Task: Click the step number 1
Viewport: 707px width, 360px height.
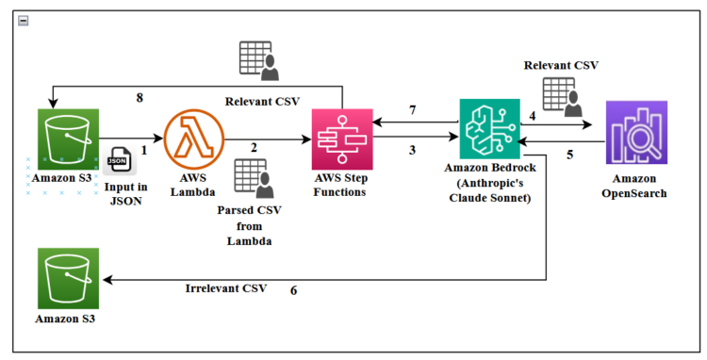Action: pyautogui.click(x=144, y=149)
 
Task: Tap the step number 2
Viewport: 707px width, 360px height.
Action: pyautogui.click(x=254, y=148)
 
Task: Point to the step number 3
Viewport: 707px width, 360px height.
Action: pyautogui.click(x=412, y=151)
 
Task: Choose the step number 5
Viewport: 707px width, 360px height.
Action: pyautogui.click(x=569, y=154)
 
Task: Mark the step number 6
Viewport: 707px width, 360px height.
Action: pyautogui.click(x=293, y=290)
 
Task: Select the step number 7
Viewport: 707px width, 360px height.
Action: pyautogui.click(x=411, y=111)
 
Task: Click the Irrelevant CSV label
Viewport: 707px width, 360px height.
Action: pyautogui.click(x=226, y=287)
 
